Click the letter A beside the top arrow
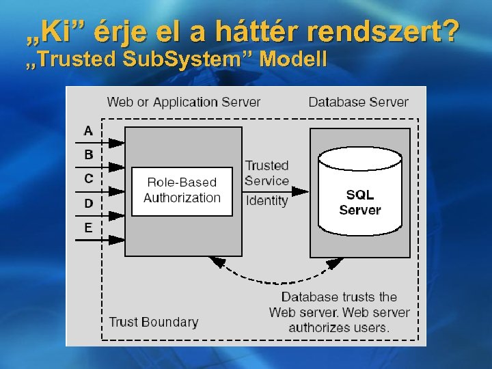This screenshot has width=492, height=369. tap(88, 130)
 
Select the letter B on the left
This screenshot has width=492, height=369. tap(88, 154)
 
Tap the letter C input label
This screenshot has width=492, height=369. tap(88, 179)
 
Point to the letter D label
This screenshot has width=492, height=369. tap(88, 203)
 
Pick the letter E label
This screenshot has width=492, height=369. tap(88, 228)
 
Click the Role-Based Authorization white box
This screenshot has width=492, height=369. tap(182, 191)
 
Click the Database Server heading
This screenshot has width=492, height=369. tap(358, 102)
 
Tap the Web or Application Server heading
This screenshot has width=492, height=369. tap(184, 102)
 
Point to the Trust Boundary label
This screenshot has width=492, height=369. tap(154, 322)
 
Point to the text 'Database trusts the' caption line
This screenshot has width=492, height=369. tap(339, 297)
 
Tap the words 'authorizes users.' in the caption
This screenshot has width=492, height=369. tap(339, 327)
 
